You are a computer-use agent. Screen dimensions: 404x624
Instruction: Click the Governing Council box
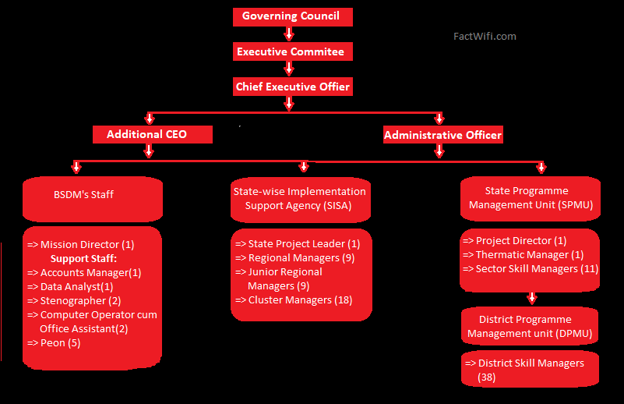[x=291, y=16]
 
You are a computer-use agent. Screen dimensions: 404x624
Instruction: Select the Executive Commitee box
[x=291, y=52]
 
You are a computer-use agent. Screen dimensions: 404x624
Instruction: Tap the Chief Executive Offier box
[x=293, y=87]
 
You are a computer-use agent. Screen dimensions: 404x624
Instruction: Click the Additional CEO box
[x=147, y=134]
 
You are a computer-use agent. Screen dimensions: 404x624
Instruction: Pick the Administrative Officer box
[x=442, y=135]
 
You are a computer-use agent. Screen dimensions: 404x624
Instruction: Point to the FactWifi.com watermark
[x=485, y=36]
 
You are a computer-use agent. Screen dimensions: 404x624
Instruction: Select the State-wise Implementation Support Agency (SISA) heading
[x=299, y=198]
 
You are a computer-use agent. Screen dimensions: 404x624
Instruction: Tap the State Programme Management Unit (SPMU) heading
[x=527, y=198]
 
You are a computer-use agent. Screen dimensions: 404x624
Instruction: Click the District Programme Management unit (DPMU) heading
[x=525, y=327]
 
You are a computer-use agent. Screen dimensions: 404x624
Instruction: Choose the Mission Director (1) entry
[x=81, y=244]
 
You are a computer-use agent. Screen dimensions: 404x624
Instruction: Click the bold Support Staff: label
[x=83, y=258]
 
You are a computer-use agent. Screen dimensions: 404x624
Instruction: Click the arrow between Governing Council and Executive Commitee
[x=289, y=34]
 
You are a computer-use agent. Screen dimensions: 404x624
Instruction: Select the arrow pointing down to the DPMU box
[x=532, y=297]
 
